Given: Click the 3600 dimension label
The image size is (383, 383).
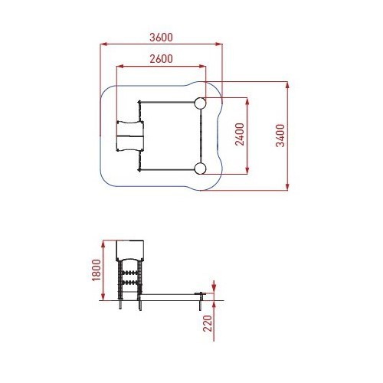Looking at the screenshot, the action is click(x=161, y=38).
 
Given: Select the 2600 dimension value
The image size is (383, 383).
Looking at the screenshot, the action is click(x=161, y=59).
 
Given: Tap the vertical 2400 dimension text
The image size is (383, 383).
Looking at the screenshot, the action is click(x=240, y=134).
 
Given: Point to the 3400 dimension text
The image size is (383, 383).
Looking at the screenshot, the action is click(x=280, y=136).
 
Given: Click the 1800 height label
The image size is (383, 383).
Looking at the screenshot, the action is click(x=97, y=270).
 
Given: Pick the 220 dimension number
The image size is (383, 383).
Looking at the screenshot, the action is click(x=208, y=323).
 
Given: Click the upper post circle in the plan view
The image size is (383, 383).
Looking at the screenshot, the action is click(x=200, y=103).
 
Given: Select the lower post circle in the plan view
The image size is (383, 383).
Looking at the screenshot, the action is click(x=200, y=169).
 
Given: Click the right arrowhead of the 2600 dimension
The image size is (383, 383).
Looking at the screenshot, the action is click(x=202, y=67).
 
